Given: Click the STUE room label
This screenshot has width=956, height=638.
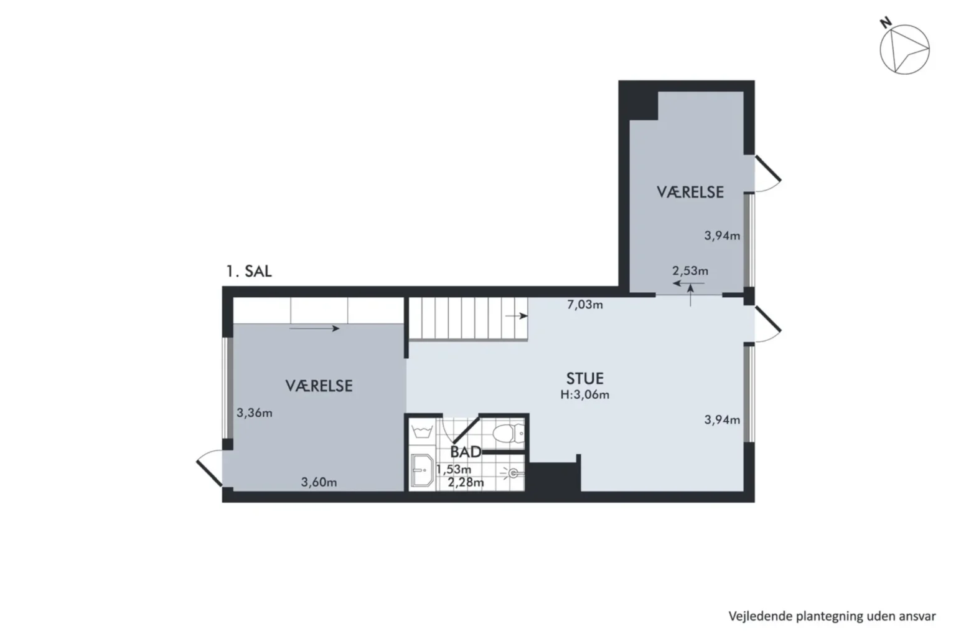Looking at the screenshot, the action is [x=584, y=379].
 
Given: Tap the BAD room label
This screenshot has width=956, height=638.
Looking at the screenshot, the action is [x=466, y=452].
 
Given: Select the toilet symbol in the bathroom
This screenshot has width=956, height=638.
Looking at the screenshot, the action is [x=508, y=433].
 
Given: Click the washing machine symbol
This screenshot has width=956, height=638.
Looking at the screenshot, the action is [x=422, y=432].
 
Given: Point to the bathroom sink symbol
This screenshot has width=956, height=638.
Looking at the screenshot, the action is [x=422, y=470].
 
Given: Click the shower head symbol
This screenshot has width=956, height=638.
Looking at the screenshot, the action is [x=512, y=473].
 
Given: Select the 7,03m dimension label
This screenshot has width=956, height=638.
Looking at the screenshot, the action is [x=584, y=305].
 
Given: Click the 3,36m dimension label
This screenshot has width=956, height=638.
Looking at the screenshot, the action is [x=255, y=413].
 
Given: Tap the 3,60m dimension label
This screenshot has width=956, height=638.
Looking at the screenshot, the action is [x=319, y=482].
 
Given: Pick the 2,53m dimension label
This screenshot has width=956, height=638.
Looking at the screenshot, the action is [x=690, y=270].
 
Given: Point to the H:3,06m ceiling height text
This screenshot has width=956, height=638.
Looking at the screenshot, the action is [x=584, y=394].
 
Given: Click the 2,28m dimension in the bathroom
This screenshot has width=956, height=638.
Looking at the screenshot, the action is [x=466, y=482].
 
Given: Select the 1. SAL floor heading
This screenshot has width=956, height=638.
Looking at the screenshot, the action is [x=249, y=271].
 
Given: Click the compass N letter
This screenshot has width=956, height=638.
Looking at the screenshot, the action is [x=886, y=22].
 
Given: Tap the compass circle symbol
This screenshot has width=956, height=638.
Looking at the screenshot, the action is [x=904, y=50].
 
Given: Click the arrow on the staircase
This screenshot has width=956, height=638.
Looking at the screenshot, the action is [x=517, y=317].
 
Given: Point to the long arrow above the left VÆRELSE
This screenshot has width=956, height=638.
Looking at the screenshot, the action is [x=314, y=328].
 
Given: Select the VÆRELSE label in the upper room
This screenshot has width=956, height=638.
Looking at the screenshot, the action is [x=690, y=193].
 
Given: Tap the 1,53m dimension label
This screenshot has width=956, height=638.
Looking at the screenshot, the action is [x=454, y=469].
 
